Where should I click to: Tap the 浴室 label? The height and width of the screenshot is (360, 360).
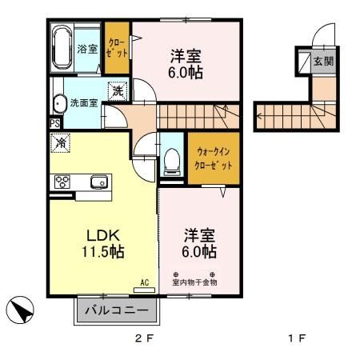point(87,49)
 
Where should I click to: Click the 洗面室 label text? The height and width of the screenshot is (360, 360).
point(83,102)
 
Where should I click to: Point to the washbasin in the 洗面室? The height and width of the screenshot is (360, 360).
point(59,103)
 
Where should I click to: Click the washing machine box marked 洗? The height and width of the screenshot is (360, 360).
point(117,91)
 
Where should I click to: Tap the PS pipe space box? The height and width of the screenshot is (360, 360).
point(54,123)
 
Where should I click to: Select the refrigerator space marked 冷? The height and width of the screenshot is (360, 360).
point(61,143)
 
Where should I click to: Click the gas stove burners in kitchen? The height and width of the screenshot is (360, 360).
point(62,182)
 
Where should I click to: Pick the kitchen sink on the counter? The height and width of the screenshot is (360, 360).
point(98,182)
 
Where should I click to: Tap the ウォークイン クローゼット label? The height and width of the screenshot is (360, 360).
point(213,158)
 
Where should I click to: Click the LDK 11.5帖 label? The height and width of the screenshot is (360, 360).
point(103,243)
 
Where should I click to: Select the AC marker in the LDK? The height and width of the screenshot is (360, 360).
point(145,282)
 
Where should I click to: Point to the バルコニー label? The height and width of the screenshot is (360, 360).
point(117,310)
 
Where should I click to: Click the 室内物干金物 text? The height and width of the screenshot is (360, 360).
point(194,282)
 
